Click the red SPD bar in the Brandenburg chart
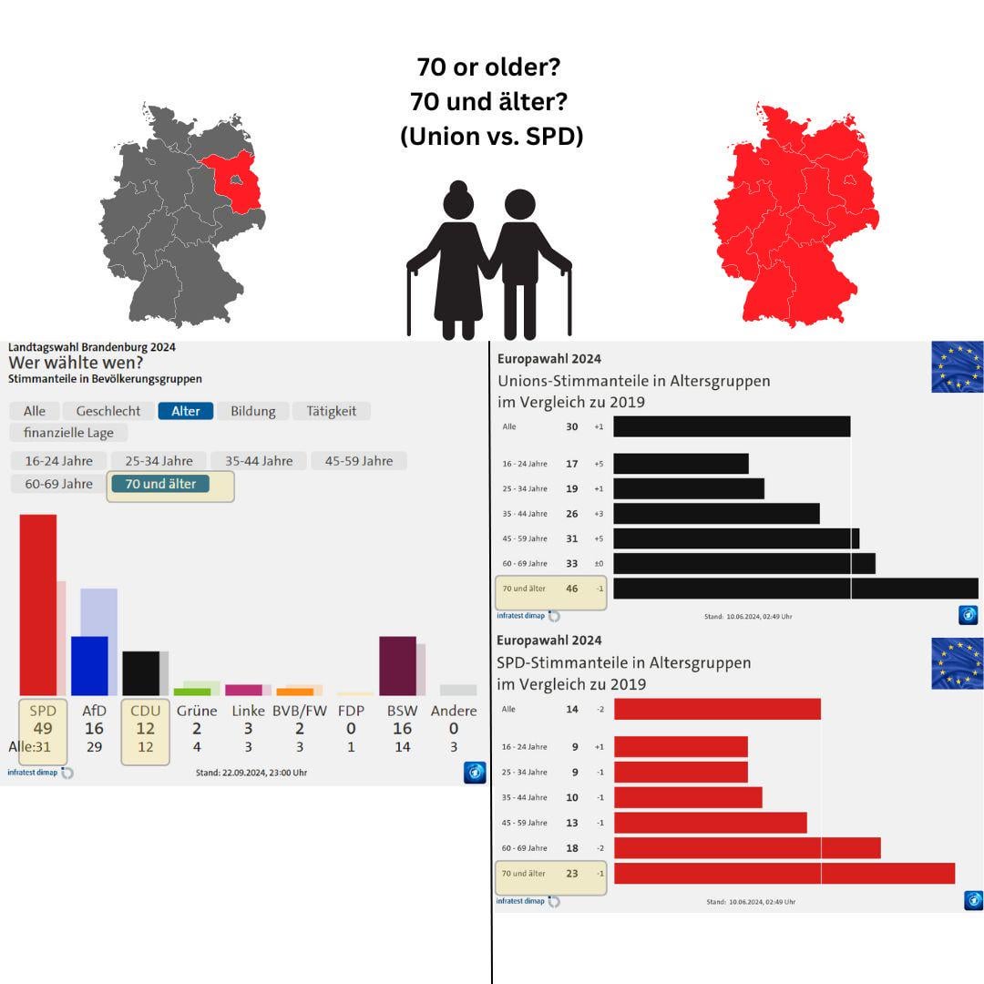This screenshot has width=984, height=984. click(x=38, y=604)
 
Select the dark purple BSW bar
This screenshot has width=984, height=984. click(x=397, y=665)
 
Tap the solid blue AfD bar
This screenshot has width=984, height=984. click(x=89, y=665)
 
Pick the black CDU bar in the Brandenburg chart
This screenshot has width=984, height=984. click(x=140, y=672)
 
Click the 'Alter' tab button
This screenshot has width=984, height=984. click(x=186, y=411)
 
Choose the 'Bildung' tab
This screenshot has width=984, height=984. click(x=252, y=411)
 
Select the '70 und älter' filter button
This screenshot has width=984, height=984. click(x=160, y=484)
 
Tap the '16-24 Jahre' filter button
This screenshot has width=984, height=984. click(x=58, y=461)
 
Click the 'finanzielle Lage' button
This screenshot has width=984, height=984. click(x=68, y=433)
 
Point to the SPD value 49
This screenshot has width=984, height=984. click(x=43, y=729)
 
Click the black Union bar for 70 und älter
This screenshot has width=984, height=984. click(x=795, y=589)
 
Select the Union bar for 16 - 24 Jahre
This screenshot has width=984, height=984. click(x=681, y=464)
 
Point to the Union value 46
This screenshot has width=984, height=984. click(x=572, y=589)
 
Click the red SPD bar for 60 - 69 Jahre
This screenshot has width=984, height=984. click(x=747, y=848)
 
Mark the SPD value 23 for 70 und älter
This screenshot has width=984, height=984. click(x=572, y=874)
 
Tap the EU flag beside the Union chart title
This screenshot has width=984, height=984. click(x=957, y=367)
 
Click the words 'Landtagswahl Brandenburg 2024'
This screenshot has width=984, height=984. click(x=92, y=347)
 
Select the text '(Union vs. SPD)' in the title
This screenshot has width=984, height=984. click(x=492, y=136)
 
